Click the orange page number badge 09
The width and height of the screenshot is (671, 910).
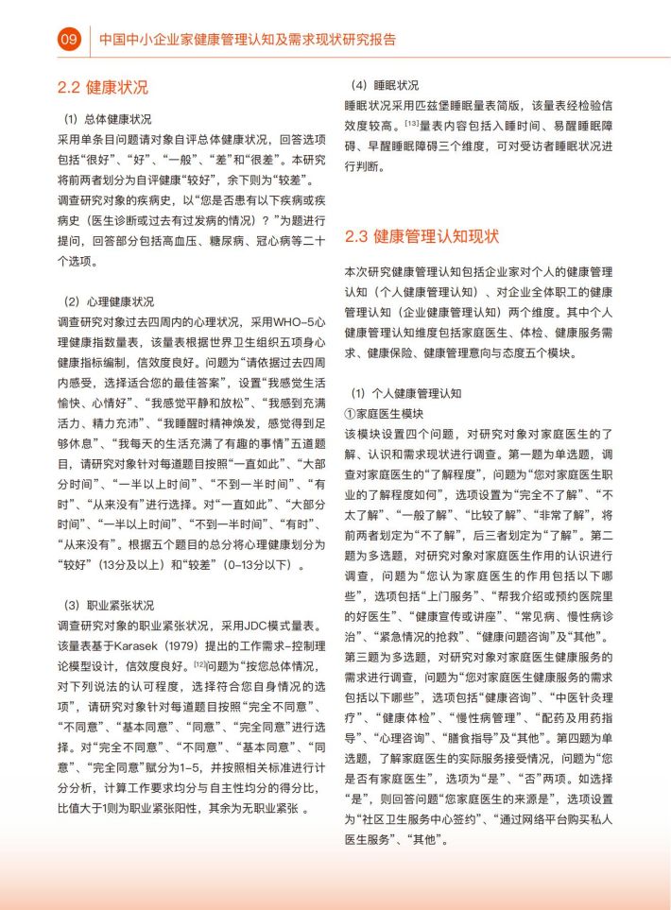[68, 40]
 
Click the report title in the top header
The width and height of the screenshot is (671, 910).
[248, 40]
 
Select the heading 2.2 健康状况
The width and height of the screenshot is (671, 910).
[103, 88]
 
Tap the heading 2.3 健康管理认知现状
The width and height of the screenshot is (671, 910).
[422, 235]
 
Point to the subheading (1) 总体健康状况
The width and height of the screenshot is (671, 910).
[107, 120]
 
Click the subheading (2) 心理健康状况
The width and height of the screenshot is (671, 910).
[107, 302]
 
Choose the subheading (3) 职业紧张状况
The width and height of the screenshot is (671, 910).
[107, 604]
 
